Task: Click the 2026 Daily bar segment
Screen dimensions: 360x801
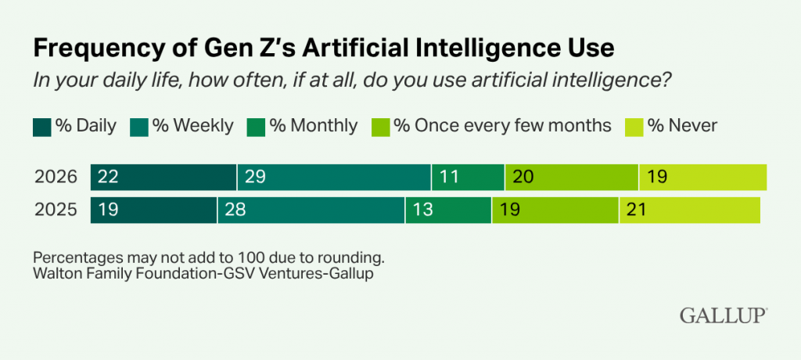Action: [163, 178]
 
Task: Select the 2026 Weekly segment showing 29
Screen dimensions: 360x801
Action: [334, 178]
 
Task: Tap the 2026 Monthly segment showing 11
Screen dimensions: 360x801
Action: [468, 178]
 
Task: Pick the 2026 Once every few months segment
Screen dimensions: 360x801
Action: [572, 178]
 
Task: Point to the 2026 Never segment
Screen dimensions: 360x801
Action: [702, 178]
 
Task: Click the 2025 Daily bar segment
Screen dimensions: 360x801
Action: [153, 210]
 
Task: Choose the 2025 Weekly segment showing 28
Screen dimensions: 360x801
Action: [311, 210]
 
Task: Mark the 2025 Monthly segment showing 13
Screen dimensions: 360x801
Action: [448, 210]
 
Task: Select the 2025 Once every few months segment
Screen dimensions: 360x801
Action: [555, 210]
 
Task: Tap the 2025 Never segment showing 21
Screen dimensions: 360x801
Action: [689, 210]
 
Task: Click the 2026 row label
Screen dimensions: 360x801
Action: [56, 178]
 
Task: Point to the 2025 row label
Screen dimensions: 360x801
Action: [56, 210]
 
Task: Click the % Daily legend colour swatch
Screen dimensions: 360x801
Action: [41, 126]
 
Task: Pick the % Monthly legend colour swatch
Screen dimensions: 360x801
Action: [256, 126]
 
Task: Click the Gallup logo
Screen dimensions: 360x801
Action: [722, 315]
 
